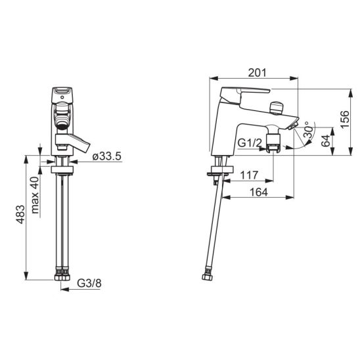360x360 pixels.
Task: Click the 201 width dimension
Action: tap(257, 73)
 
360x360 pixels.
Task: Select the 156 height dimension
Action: tap(345, 120)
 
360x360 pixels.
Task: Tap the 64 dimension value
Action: tap(326, 141)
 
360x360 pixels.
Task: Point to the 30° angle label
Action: tap(309, 129)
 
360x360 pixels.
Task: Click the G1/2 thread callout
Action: tap(250, 143)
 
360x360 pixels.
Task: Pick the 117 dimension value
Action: tap(249, 175)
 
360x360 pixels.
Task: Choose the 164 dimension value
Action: tap(259, 192)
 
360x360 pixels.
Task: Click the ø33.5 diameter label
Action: tap(106, 156)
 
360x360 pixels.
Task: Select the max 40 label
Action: tap(35, 195)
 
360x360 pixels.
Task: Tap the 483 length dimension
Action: tap(20, 214)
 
